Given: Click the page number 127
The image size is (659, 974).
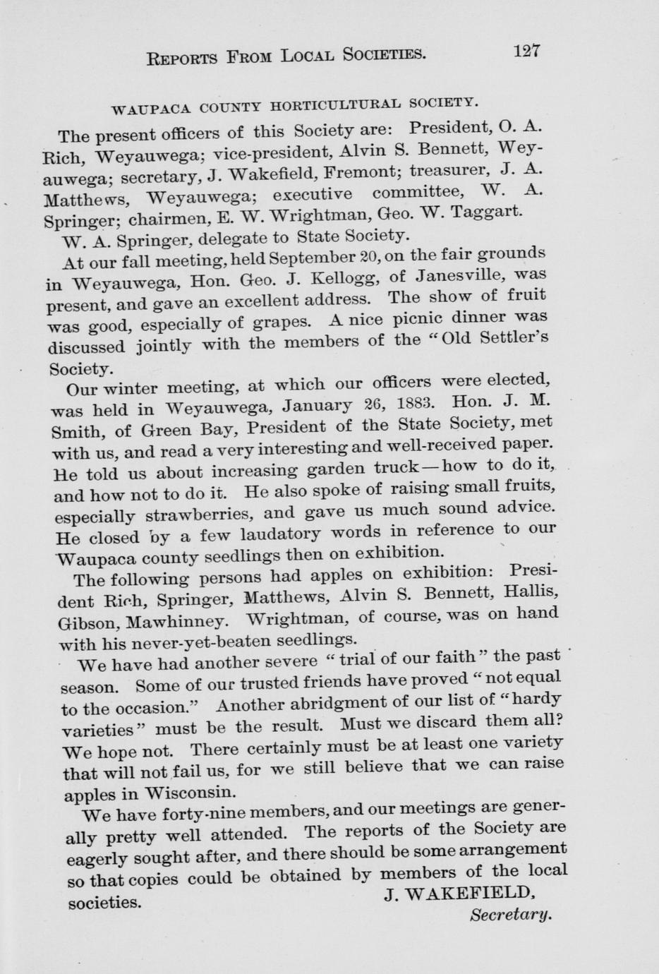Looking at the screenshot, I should click(526, 50).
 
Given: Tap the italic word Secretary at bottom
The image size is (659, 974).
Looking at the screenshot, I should click(510, 915).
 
